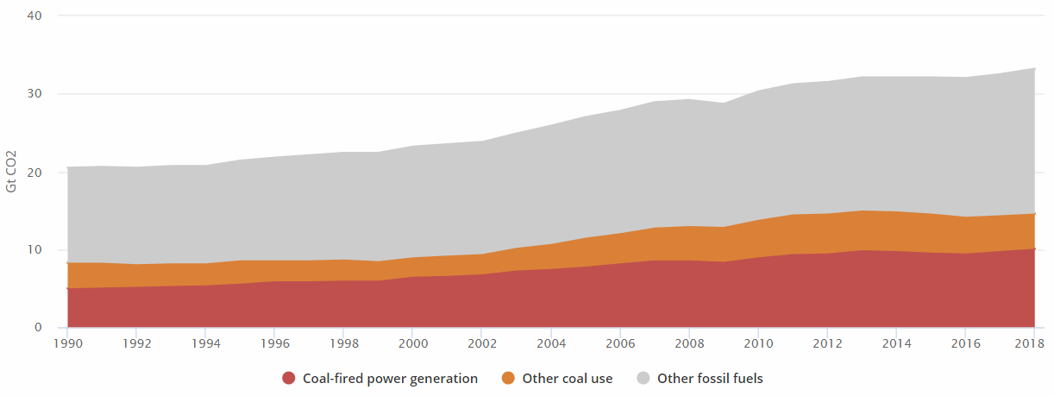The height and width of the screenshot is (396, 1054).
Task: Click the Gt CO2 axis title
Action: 11,172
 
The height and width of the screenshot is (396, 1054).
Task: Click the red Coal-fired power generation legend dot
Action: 289,378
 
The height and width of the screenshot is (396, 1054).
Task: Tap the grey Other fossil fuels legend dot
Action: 643,378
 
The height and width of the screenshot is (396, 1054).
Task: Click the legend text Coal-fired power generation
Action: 390,378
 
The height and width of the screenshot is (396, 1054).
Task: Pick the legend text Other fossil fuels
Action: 710,378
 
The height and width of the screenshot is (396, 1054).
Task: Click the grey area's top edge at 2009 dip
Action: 723,103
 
